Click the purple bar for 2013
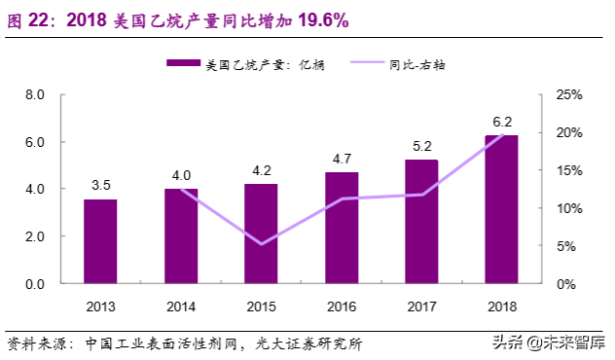100,241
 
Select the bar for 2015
261,234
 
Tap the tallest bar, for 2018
501,209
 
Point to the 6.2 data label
502,123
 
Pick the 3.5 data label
100,185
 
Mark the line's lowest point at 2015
261,244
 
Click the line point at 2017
421,195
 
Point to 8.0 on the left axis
35,95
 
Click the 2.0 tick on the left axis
35,236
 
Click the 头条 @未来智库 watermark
546,342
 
